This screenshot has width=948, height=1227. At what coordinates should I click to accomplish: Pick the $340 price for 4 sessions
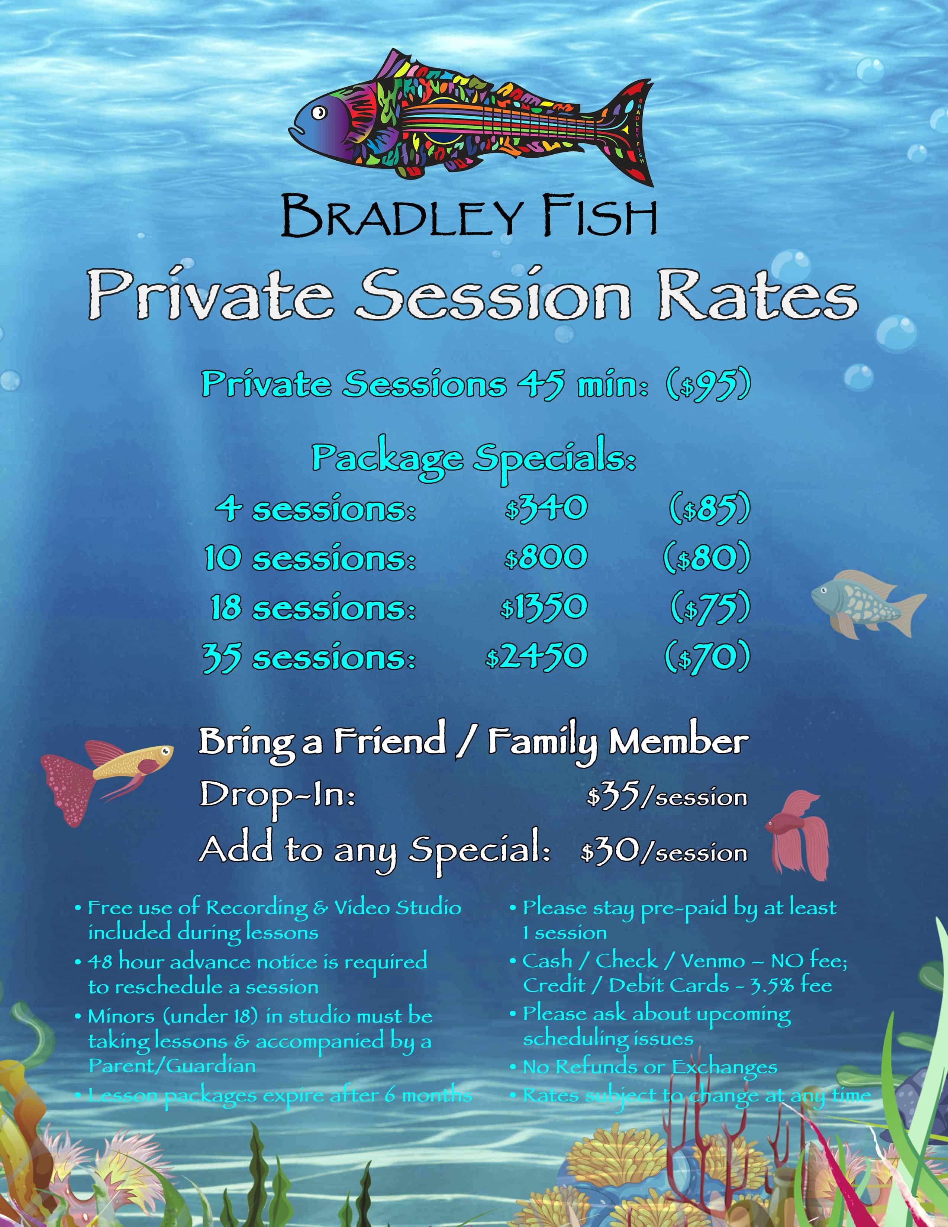point(546,508)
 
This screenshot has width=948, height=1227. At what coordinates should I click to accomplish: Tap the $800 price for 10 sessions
point(546,557)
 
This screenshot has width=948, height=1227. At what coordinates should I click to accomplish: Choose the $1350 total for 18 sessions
point(544,607)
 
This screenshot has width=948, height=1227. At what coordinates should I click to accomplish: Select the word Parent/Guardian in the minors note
point(172,1066)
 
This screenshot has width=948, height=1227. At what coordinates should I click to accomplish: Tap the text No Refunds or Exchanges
point(650,1067)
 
